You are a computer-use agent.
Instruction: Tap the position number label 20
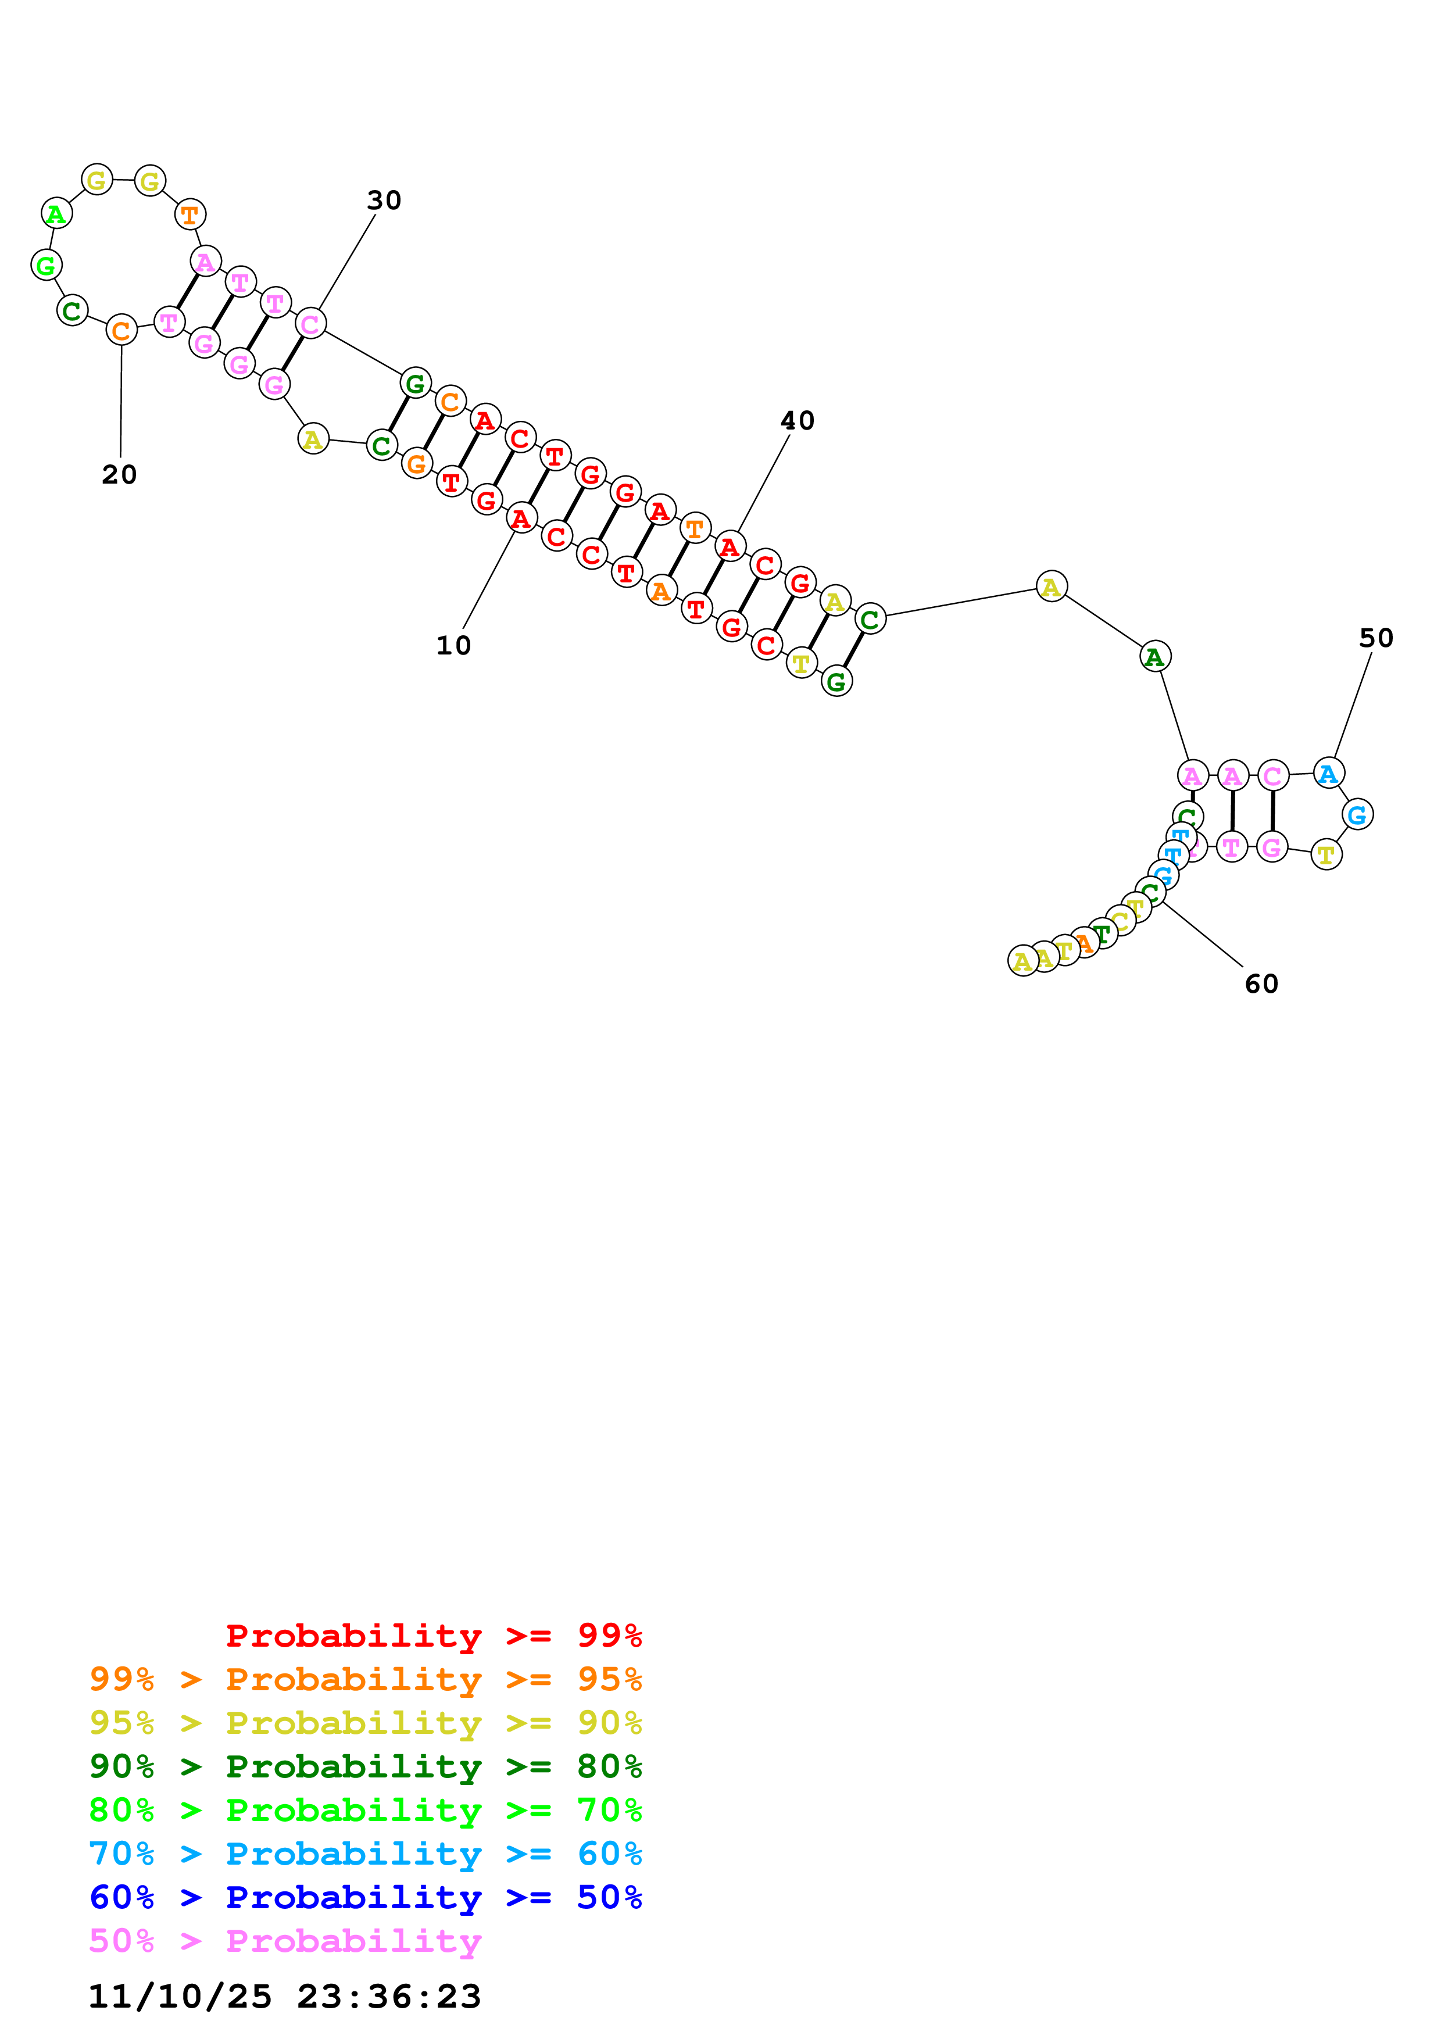point(119,475)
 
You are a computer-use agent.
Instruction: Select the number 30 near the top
point(384,201)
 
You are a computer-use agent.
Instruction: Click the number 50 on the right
point(1375,639)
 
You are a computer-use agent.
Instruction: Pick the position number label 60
point(1261,984)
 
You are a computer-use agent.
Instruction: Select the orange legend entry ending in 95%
point(365,1679)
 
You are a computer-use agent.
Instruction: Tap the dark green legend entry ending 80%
point(365,1766)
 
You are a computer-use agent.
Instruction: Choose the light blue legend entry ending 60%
point(365,1854)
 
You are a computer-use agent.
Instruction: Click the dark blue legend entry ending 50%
point(365,1897)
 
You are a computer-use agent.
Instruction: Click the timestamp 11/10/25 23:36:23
point(284,1995)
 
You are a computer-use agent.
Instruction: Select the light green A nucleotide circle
point(56,214)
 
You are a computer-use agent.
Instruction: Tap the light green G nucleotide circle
point(45,264)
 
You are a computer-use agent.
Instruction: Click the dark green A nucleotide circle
point(1154,657)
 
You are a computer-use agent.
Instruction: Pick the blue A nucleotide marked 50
point(1328,774)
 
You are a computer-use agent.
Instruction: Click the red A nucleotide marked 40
point(730,547)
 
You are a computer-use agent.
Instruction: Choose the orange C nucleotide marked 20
point(121,330)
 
